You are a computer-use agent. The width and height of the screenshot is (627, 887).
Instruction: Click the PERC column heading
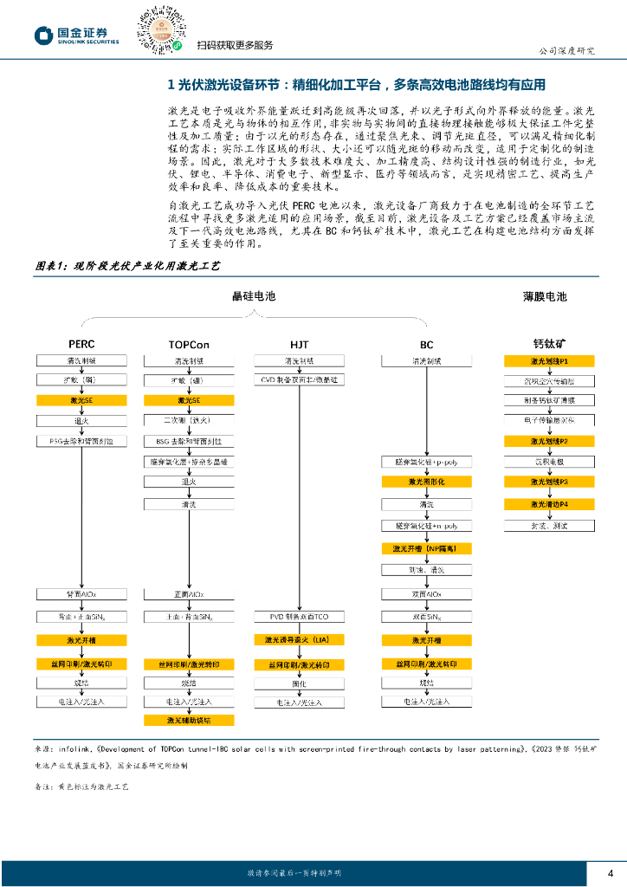pos(81,344)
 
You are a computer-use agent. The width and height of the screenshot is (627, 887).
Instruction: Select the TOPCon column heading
pos(189,344)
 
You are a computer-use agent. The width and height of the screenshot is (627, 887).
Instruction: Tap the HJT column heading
pos(299,344)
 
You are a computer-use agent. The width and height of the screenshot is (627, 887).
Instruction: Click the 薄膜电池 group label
pos(545,296)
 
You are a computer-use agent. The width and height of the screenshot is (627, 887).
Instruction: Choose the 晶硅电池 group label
pos(253,296)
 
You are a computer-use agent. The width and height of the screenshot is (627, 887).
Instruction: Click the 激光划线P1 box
pos(549,360)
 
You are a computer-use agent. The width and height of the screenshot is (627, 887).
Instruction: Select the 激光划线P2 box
pos(549,441)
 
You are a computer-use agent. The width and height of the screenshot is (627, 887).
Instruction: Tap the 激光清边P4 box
pos(549,504)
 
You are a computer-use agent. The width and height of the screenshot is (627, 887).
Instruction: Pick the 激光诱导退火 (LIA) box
pos(299,639)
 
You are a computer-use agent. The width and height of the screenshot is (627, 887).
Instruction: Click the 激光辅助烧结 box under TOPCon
pos(189,720)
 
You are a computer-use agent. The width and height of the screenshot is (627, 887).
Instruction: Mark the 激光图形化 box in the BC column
pos(426,482)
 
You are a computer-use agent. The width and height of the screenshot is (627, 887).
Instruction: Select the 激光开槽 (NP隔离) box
pos(426,548)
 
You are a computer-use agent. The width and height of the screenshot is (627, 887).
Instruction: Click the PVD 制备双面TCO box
pos(299,616)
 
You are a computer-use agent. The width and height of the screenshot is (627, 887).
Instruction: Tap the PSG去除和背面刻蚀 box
pos(81,441)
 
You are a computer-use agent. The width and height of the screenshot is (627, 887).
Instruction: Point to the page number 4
pos(611,871)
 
